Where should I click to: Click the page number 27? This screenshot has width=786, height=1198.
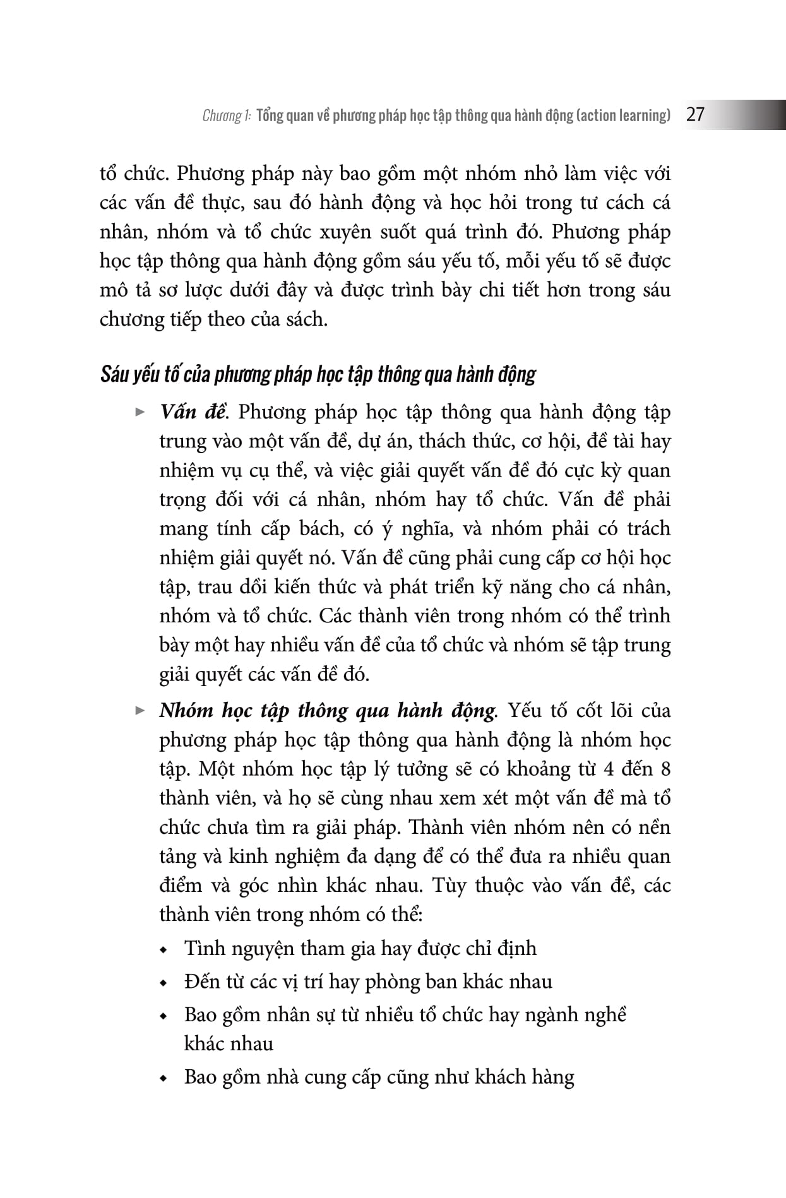694,115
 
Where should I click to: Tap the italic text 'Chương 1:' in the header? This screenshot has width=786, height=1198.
227,116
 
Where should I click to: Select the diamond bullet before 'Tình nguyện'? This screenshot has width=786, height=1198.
165,950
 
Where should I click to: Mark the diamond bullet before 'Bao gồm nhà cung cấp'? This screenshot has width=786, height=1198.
165,1078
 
